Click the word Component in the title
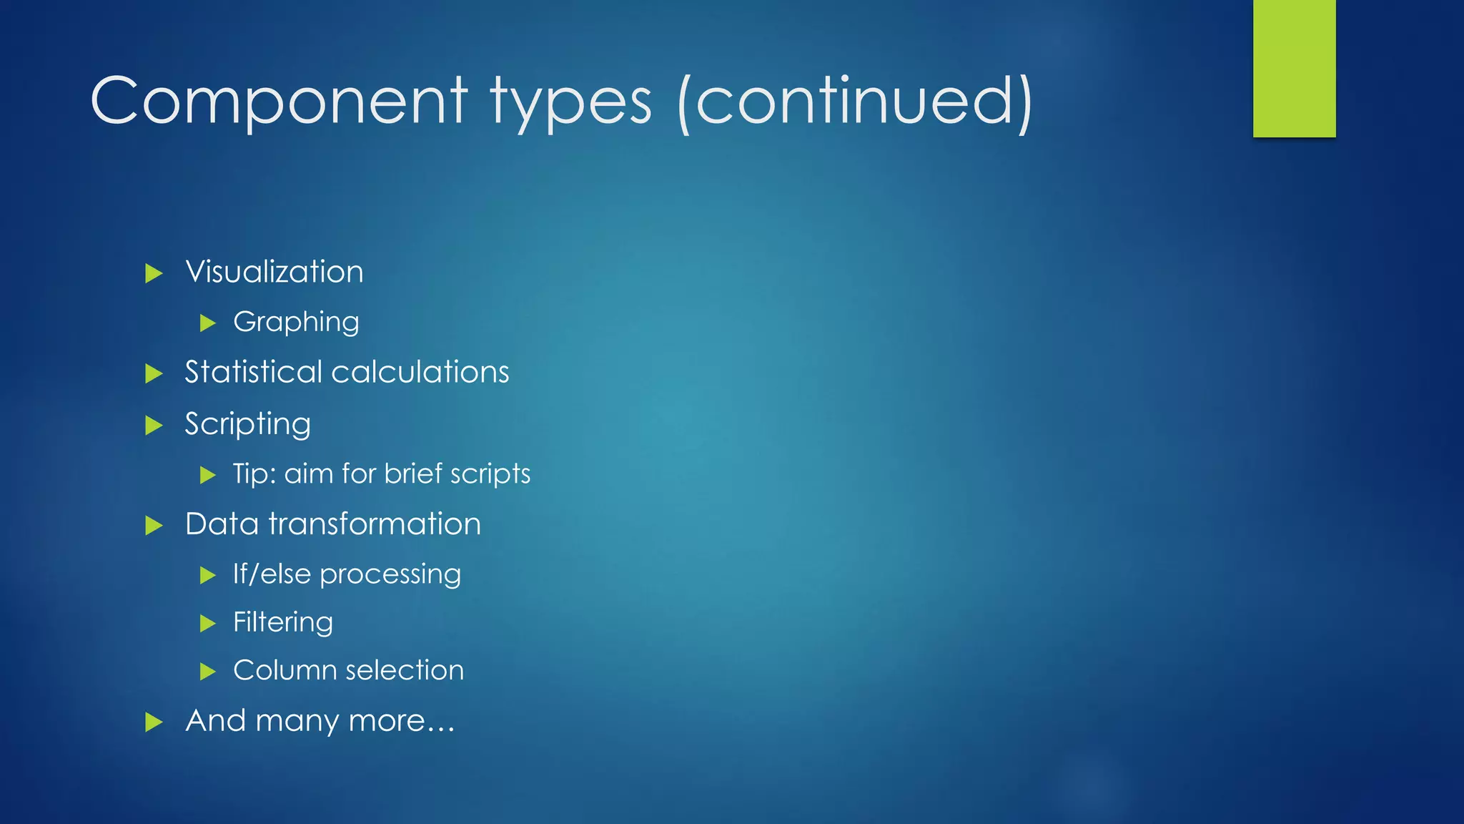point(279,102)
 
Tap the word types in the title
point(570,104)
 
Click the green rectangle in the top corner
point(1294,68)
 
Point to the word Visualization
point(274,272)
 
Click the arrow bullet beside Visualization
point(154,273)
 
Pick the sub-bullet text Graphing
point(296,323)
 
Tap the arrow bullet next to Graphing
point(208,323)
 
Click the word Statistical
point(253,372)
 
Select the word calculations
point(420,372)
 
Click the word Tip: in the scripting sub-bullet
point(254,474)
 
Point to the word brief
point(412,474)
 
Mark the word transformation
point(375,524)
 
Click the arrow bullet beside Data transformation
point(154,526)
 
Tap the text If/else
point(272,574)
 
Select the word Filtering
point(283,623)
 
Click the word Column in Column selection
point(285,671)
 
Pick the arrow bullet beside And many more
point(154,722)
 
